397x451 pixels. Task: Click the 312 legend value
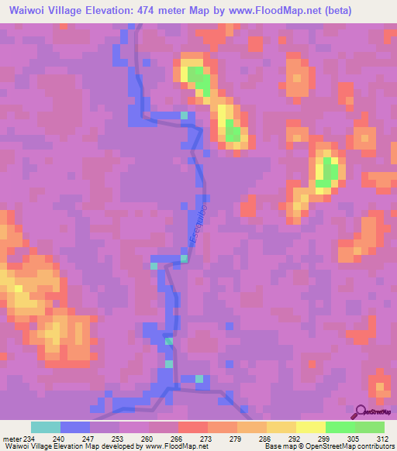(x=383, y=438)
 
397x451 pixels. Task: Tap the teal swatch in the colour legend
(x=46, y=427)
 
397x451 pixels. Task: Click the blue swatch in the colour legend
(x=75, y=427)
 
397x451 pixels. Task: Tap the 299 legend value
(x=294, y=438)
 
